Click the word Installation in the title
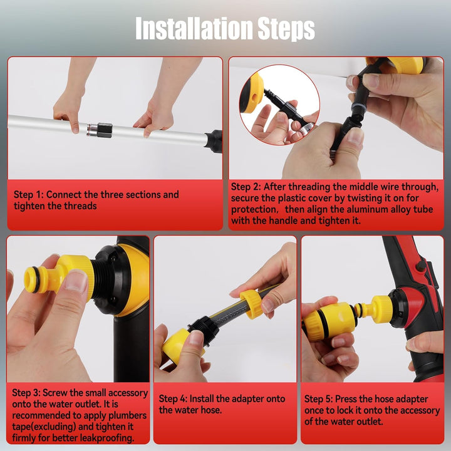click(x=195, y=28)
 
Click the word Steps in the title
click(x=286, y=29)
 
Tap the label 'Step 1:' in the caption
click(x=28, y=195)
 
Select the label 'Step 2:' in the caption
click(x=246, y=187)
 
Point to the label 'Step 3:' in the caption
click(x=26, y=393)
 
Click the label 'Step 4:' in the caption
click(x=173, y=398)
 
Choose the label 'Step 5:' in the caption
click(x=318, y=399)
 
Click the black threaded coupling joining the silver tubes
click(x=104, y=130)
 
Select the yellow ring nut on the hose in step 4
click(x=251, y=304)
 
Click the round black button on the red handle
click(x=421, y=266)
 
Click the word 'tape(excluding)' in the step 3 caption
click(x=44, y=427)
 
